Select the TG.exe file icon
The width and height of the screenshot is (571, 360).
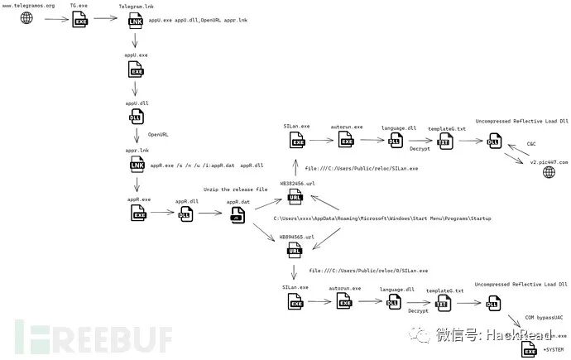81,17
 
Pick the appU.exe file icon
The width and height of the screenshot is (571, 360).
137,72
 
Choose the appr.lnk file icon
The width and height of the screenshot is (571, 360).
137,166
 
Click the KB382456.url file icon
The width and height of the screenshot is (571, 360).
295,197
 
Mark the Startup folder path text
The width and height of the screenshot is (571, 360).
382,218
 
